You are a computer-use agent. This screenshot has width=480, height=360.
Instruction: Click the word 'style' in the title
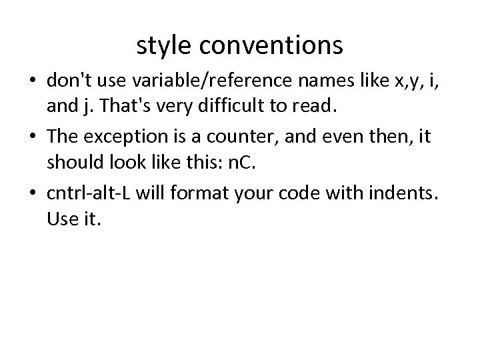click(x=163, y=46)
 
